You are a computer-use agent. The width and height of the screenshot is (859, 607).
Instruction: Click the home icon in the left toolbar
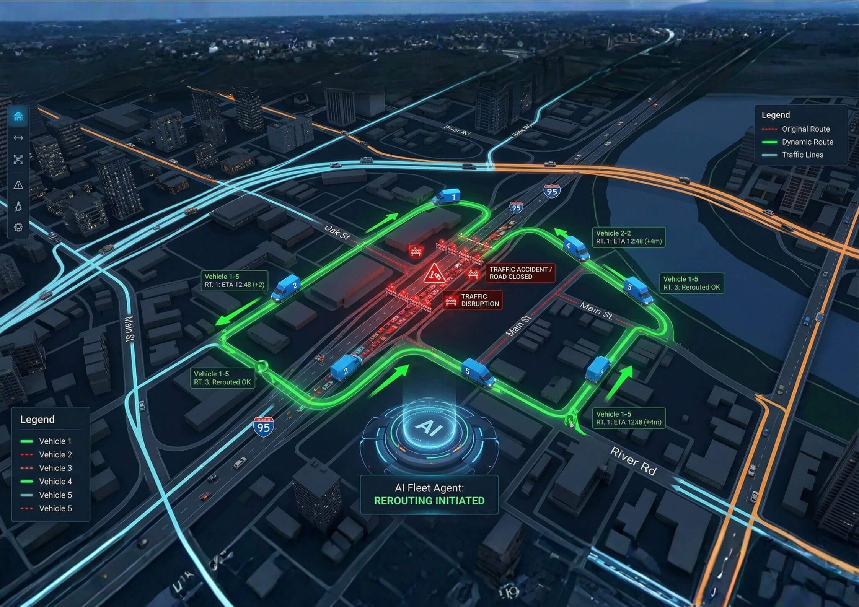(x=18, y=116)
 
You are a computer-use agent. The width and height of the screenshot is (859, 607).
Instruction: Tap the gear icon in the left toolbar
(x=18, y=227)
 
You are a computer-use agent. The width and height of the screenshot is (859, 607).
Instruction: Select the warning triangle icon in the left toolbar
(x=18, y=185)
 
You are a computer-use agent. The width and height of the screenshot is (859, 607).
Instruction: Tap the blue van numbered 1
(x=447, y=197)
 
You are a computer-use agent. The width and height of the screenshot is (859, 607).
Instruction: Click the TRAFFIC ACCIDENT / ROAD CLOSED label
(x=520, y=273)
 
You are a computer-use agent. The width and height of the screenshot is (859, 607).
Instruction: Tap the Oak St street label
(x=337, y=233)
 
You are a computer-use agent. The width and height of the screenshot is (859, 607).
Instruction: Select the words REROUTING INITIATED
(x=429, y=501)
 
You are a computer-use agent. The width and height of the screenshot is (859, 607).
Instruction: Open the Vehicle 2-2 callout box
(x=628, y=237)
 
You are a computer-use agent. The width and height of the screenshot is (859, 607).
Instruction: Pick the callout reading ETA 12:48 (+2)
(x=234, y=281)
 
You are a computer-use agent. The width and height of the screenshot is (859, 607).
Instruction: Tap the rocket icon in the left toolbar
(x=18, y=206)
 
